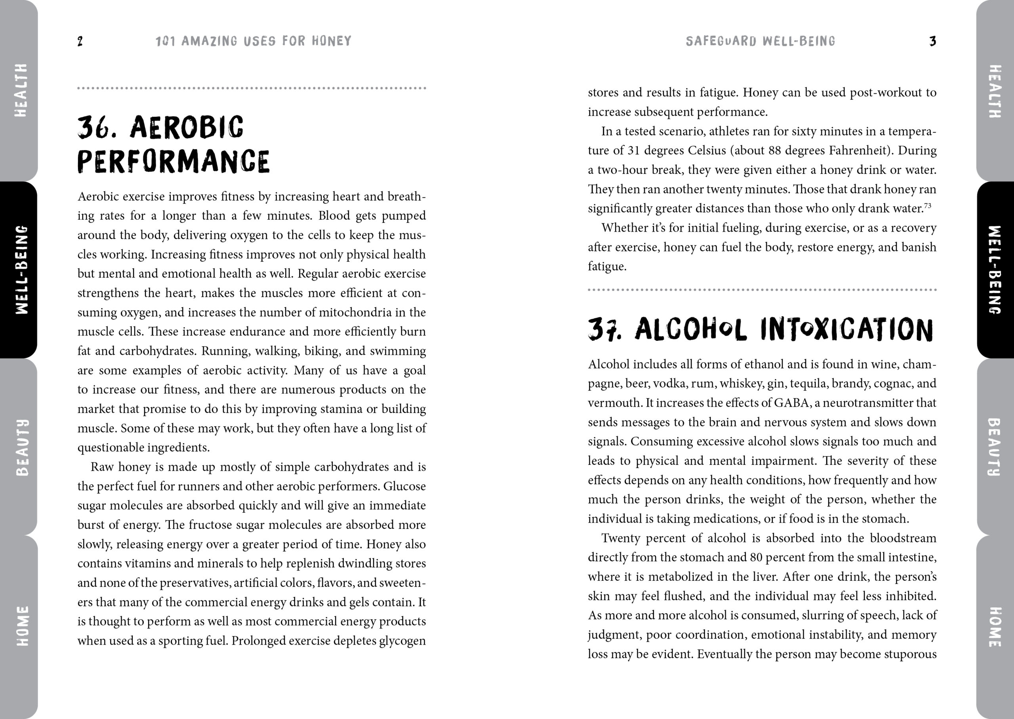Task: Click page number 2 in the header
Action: click(x=80, y=42)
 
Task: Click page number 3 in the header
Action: click(x=932, y=42)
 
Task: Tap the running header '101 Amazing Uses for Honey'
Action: click(x=253, y=41)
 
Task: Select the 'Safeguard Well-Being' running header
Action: click(x=760, y=41)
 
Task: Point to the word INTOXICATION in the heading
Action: click(x=846, y=330)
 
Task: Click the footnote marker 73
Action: click(x=928, y=205)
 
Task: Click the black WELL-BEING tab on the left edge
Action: click(x=20, y=270)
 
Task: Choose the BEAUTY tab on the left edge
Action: click(x=20, y=447)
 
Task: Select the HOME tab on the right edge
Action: click(x=995, y=626)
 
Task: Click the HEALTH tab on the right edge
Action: click(x=995, y=91)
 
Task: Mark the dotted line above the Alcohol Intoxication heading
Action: click(x=762, y=290)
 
